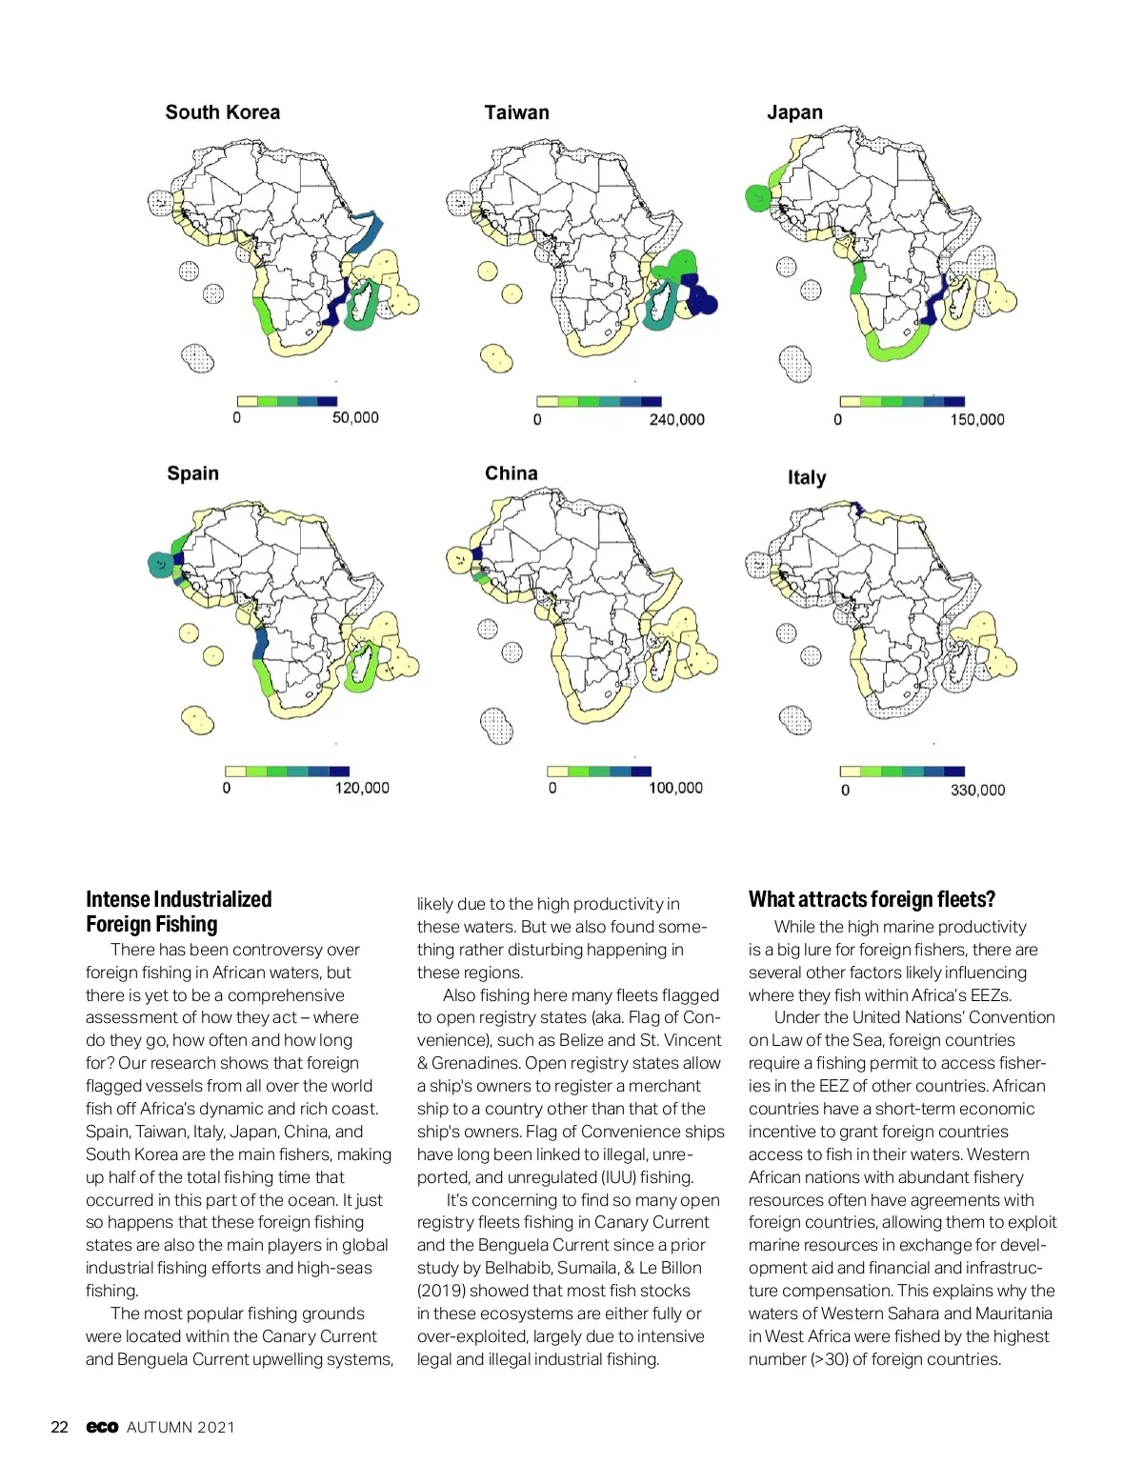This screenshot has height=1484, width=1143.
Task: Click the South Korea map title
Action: (x=223, y=112)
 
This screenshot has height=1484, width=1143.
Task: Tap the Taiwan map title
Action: (x=516, y=112)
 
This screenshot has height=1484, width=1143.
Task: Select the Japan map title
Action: (x=794, y=112)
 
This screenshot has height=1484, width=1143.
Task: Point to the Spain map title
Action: (x=192, y=473)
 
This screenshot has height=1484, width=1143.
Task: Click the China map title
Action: (x=511, y=473)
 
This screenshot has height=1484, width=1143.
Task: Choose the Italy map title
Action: (x=806, y=477)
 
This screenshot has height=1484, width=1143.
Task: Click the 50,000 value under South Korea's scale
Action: (x=355, y=418)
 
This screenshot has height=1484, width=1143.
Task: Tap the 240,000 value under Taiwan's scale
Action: (x=676, y=419)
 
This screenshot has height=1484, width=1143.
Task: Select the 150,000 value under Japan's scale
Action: (x=976, y=419)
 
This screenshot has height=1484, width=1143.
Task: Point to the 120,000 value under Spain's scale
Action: (x=362, y=788)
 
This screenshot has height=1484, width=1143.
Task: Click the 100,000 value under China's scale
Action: (x=675, y=788)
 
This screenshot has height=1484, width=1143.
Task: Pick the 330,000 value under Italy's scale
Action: (x=977, y=790)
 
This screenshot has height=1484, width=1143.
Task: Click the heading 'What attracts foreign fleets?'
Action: (x=872, y=899)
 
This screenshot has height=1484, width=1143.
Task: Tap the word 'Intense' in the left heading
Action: (x=117, y=899)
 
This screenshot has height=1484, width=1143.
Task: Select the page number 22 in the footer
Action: (x=59, y=1427)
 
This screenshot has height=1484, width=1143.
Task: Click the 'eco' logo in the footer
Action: (x=102, y=1427)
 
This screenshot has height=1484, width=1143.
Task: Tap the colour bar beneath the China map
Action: (x=599, y=771)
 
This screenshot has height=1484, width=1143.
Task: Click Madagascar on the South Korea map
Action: (x=362, y=307)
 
